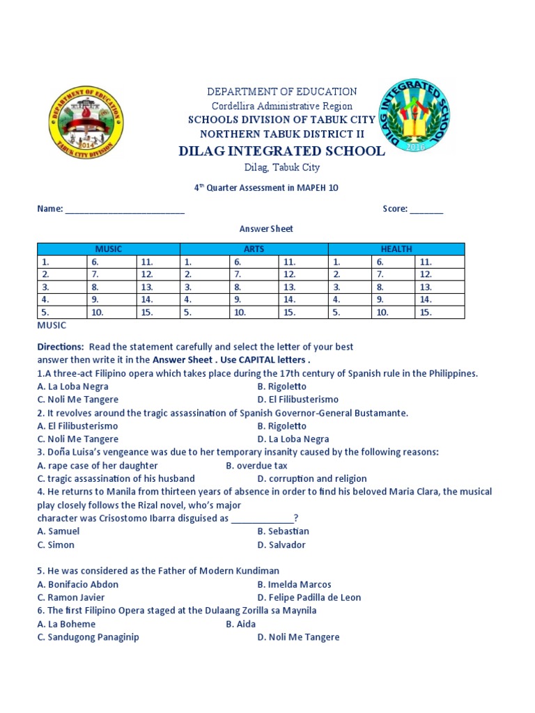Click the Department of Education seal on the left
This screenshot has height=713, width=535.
click(86, 124)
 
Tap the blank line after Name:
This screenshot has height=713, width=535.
click(125, 210)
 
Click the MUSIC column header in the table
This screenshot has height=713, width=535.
click(108, 249)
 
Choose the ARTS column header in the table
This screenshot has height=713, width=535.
click(254, 249)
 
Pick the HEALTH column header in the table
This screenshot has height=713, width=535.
click(396, 249)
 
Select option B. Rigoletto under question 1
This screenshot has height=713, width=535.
click(281, 386)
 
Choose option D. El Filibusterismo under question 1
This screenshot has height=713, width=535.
click(297, 400)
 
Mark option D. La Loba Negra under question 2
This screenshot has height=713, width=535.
click(293, 439)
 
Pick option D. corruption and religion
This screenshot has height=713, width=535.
click(311, 479)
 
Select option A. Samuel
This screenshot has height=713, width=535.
click(59, 532)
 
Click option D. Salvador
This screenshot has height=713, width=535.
click(281, 545)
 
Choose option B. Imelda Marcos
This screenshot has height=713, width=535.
click(294, 585)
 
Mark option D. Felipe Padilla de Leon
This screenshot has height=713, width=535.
click(309, 598)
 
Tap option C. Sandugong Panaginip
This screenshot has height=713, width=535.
click(88, 637)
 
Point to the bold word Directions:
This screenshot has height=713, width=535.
click(60, 347)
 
